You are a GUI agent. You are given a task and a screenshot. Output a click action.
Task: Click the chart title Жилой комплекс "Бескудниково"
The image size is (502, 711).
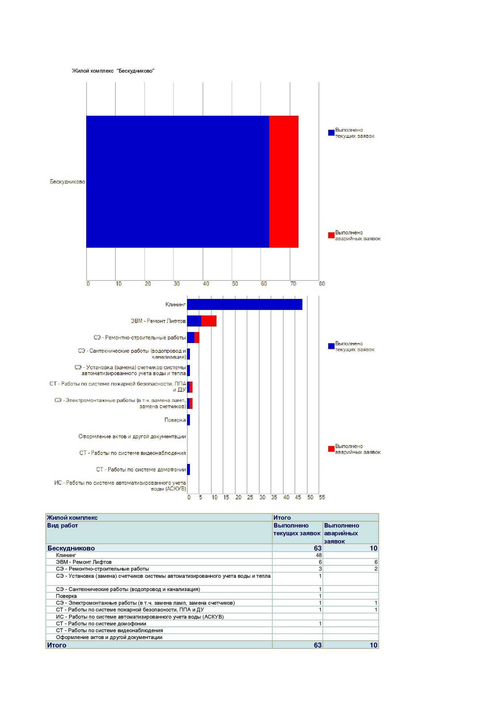(113, 71)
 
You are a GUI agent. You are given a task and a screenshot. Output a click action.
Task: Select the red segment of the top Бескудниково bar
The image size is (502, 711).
(284, 182)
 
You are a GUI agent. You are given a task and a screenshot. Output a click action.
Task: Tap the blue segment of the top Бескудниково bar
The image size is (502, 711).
(178, 182)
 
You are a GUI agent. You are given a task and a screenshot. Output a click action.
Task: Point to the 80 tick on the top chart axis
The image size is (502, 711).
(322, 284)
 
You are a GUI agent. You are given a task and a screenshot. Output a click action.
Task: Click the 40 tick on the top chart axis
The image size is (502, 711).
(206, 284)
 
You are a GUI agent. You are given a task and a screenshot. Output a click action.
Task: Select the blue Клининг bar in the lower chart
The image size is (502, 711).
(245, 304)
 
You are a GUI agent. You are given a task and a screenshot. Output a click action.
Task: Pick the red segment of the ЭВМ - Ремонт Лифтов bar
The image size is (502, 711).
(209, 321)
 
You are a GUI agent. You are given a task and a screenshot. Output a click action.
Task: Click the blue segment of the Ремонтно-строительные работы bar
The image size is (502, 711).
(191, 338)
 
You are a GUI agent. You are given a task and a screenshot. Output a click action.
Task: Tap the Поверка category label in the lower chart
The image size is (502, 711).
(175, 420)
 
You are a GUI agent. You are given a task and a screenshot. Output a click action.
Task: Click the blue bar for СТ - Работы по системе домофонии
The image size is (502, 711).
(189, 469)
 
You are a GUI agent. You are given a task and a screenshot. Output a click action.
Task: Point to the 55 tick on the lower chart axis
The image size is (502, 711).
(322, 497)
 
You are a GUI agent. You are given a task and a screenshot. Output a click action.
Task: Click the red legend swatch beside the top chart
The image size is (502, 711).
(331, 235)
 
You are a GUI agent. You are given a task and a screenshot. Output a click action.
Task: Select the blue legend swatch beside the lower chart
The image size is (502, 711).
(331, 346)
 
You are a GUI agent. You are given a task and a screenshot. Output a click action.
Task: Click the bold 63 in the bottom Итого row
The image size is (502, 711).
(318, 645)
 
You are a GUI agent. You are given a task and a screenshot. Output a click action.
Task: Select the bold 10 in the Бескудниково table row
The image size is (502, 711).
(374, 548)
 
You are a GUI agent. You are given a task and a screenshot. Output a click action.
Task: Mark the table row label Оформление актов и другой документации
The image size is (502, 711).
(109, 637)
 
